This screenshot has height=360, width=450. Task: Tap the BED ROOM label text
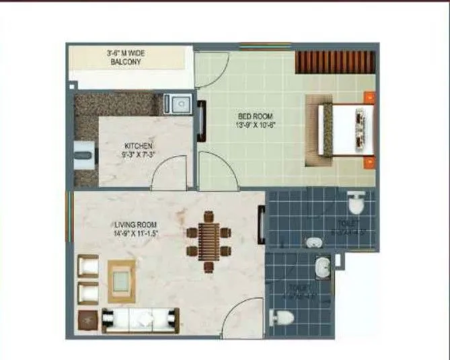click(250, 116)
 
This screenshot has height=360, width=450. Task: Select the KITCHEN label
click(139, 146)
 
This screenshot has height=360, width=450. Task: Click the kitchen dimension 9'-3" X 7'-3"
click(139, 155)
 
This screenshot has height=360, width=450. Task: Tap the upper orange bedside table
click(369, 98)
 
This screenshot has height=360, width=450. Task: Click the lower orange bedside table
click(369, 163)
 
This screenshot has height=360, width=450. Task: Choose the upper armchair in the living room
click(88, 265)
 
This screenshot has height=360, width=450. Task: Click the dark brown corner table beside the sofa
click(88, 319)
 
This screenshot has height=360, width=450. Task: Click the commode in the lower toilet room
click(282, 318)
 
